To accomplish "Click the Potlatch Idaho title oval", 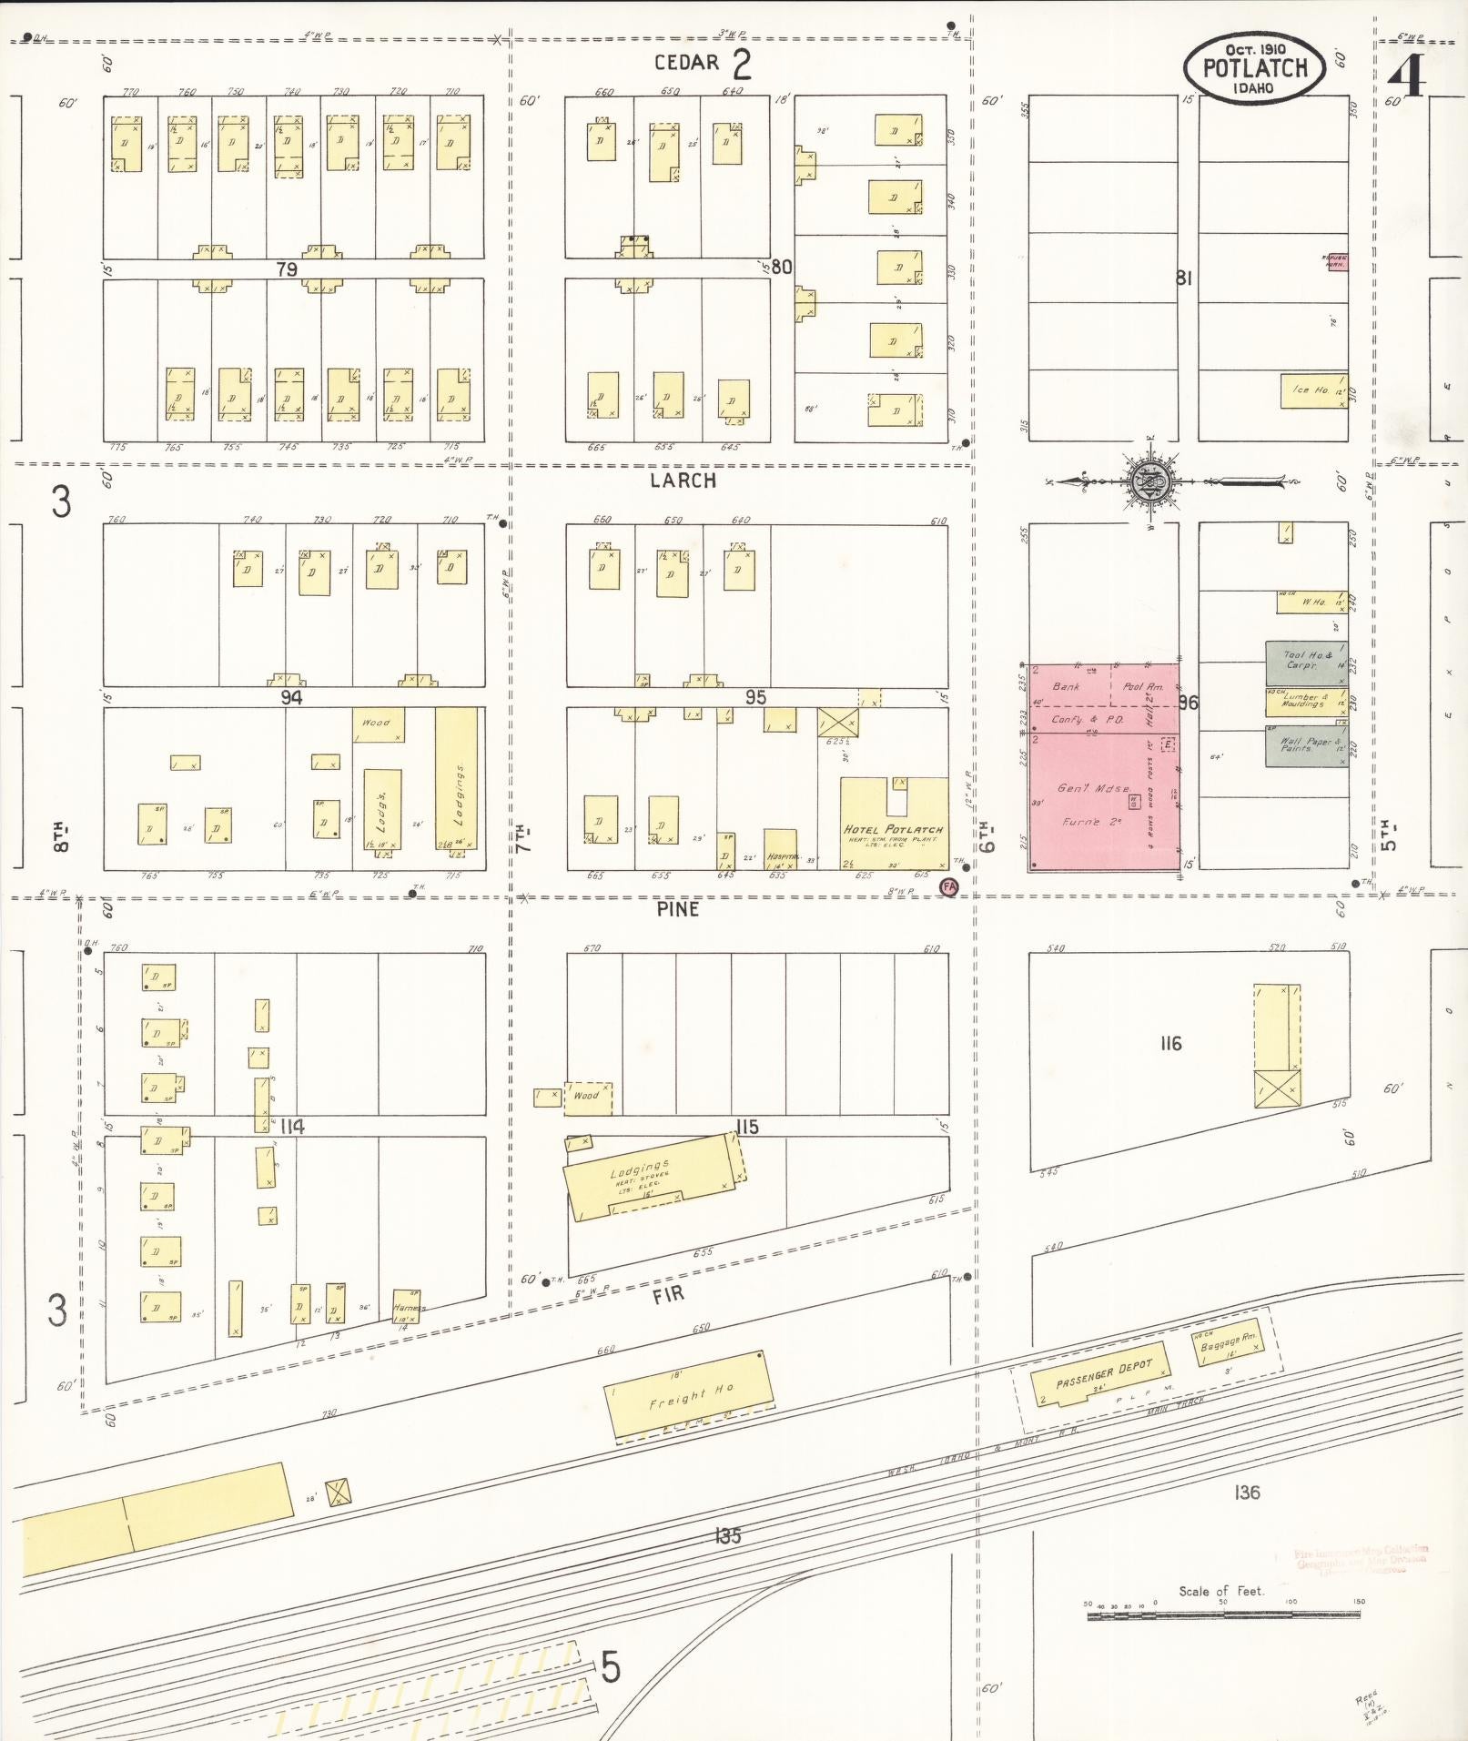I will pyautogui.click(x=1254, y=69).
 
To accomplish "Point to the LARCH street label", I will pyautogui.click(x=683, y=481).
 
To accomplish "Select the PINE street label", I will pyautogui.click(x=678, y=908).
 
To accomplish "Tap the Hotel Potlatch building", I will pyautogui.click(x=893, y=824).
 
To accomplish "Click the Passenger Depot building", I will pyautogui.click(x=1101, y=1375).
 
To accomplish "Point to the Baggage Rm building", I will pyautogui.click(x=1229, y=1341).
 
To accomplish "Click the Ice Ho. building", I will pyautogui.click(x=1313, y=390).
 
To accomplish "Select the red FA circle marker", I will pyautogui.click(x=949, y=886).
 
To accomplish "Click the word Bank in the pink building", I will pyautogui.click(x=1066, y=686).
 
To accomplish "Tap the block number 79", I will pyautogui.click(x=287, y=269).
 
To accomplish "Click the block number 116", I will pyautogui.click(x=1170, y=1043).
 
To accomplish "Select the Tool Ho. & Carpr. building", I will pyautogui.click(x=1306, y=662).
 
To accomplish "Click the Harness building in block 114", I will pyautogui.click(x=406, y=1306).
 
